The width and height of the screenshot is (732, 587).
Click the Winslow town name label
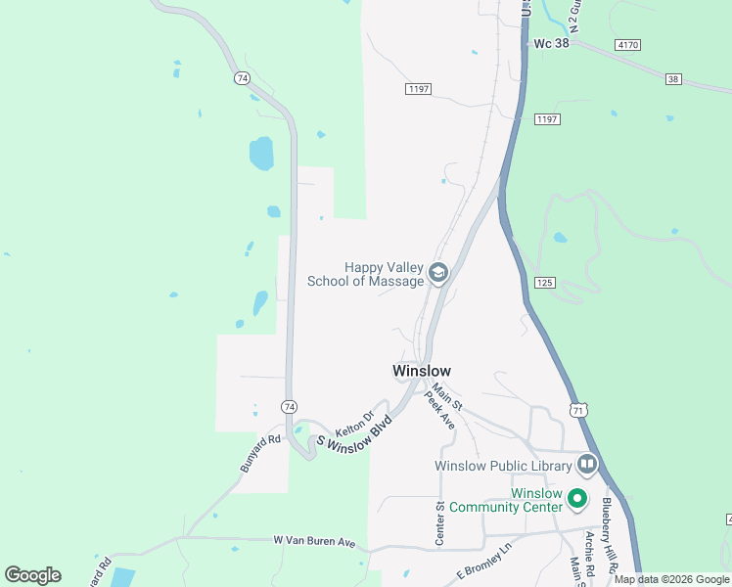click(x=421, y=371)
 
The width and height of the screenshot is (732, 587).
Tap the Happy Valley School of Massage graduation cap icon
click(x=438, y=272)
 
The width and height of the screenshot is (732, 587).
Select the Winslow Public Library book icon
click(x=587, y=463)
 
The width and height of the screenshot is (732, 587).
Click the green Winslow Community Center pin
click(x=577, y=499)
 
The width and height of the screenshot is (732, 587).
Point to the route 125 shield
click(x=545, y=282)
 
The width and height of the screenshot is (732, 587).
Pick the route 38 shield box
click(x=672, y=78)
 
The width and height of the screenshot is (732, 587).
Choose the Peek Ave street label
click(x=440, y=413)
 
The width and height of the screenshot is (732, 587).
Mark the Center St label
click(x=440, y=522)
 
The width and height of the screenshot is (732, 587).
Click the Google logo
click(x=32, y=575)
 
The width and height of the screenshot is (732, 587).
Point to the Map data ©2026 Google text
click(x=672, y=580)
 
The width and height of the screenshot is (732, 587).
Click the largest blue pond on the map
click(x=261, y=154)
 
